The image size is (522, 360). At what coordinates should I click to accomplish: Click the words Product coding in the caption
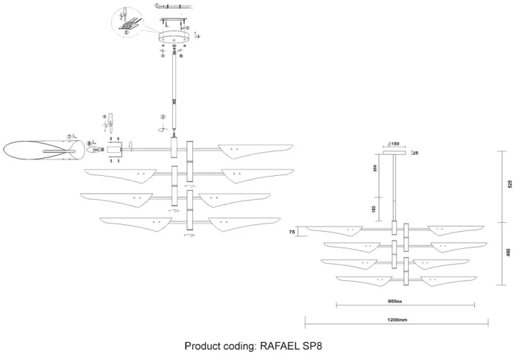click(221, 347)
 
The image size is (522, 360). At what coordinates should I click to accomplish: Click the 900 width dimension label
click(395, 303)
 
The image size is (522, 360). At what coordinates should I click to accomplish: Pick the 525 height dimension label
click(510, 185)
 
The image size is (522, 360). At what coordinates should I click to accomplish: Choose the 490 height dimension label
click(510, 253)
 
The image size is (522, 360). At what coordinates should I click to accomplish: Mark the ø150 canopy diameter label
click(394, 144)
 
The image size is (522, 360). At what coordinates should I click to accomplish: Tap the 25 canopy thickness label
click(415, 153)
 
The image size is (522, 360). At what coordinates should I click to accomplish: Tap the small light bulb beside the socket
click(95, 150)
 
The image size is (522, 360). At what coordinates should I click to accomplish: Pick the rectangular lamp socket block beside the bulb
click(114, 150)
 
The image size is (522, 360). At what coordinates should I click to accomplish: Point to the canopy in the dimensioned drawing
click(394, 153)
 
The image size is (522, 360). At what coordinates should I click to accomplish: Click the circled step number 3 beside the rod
click(162, 117)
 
